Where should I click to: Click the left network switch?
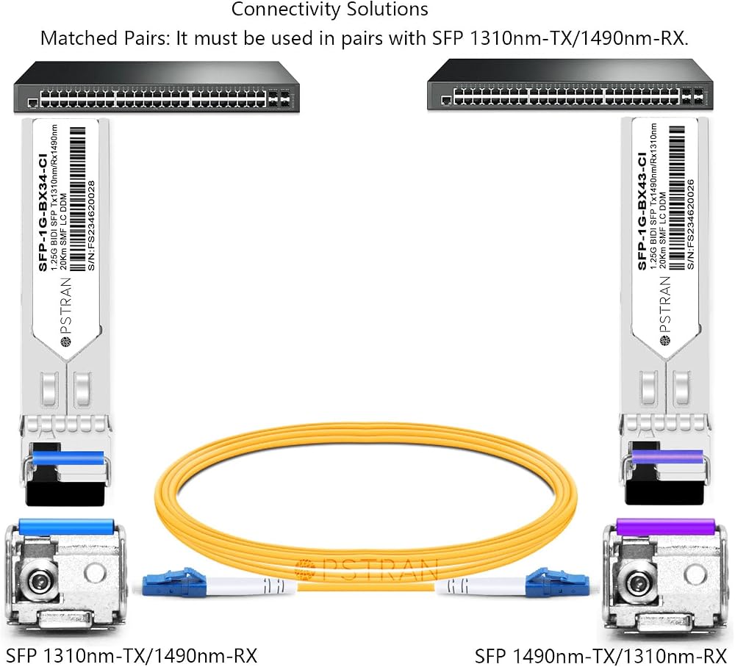pos(157,87)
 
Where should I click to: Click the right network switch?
pos(570,86)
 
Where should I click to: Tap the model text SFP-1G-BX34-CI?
pos(43,212)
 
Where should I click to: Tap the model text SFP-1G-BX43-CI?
pos(642,211)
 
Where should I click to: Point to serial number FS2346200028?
pos(91,226)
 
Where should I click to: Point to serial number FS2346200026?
pos(690,224)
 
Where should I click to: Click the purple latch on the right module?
pos(667,457)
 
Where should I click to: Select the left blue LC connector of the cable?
pos(174,583)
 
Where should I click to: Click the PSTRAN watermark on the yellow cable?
pos(367,569)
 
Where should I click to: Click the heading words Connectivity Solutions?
pos(329,10)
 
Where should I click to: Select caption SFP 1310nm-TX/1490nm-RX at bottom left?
pos(132,656)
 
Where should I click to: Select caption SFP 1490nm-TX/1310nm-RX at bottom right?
pos(601,656)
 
